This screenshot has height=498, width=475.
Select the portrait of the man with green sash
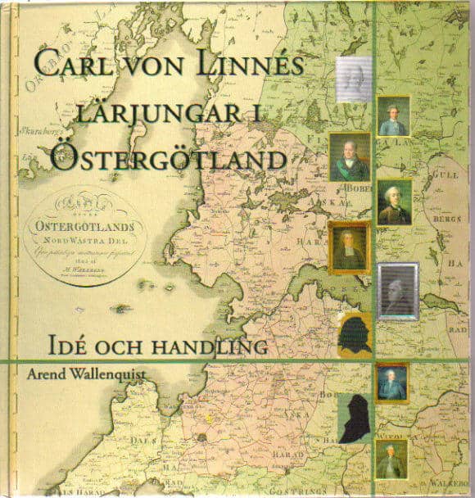click(x=349, y=157)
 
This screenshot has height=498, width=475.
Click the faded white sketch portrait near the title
click(x=355, y=79)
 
